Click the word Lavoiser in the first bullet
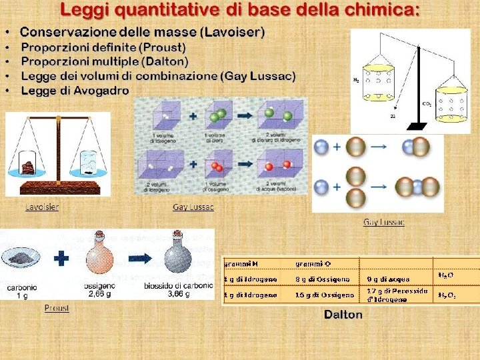click(236, 32)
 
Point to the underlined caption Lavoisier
click(42, 207)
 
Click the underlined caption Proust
click(57, 308)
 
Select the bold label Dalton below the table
click(343, 315)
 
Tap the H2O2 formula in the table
click(447, 295)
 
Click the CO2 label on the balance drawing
click(426, 103)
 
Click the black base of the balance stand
click(418, 125)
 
